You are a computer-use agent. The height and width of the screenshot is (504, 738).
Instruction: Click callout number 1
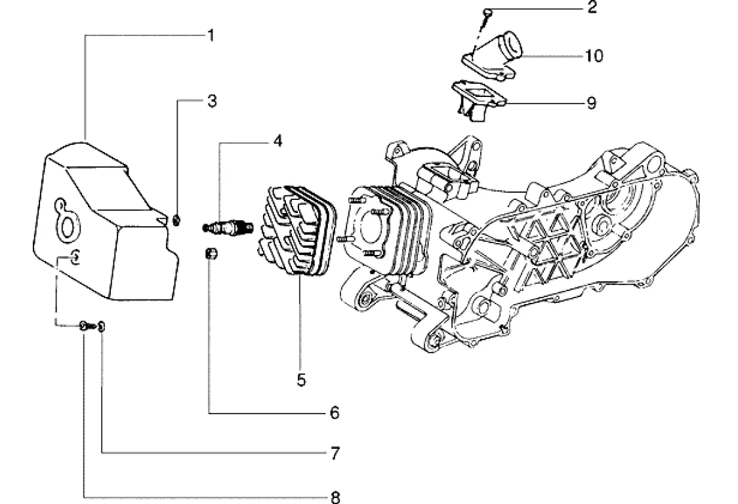click(x=211, y=36)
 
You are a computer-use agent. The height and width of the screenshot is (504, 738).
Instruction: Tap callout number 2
click(x=592, y=7)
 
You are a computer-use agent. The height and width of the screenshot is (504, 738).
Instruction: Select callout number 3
click(x=212, y=101)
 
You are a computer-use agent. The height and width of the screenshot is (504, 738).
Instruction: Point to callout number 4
click(x=277, y=140)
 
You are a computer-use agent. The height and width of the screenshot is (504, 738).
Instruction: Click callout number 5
click(x=301, y=379)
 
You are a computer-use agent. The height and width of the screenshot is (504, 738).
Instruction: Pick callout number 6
click(x=334, y=413)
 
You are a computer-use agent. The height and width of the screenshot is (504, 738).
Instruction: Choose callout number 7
click(x=335, y=454)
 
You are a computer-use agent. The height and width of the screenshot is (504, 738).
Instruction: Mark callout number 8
click(x=335, y=497)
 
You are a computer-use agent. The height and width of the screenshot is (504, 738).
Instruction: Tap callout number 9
click(x=592, y=103)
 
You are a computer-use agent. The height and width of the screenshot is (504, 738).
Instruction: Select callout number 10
click(x=594, y=56)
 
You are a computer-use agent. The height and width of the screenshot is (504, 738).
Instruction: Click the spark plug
click(x=228, y=227)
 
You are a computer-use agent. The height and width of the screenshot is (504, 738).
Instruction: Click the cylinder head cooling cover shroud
click(x=106, y=221)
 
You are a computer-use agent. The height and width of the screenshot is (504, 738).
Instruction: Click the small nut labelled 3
click(x=176, y=220)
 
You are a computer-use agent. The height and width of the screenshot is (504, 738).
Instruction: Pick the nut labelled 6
click(x=211, y=254)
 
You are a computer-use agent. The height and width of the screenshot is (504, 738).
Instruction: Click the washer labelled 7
click(x=102, y=326)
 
